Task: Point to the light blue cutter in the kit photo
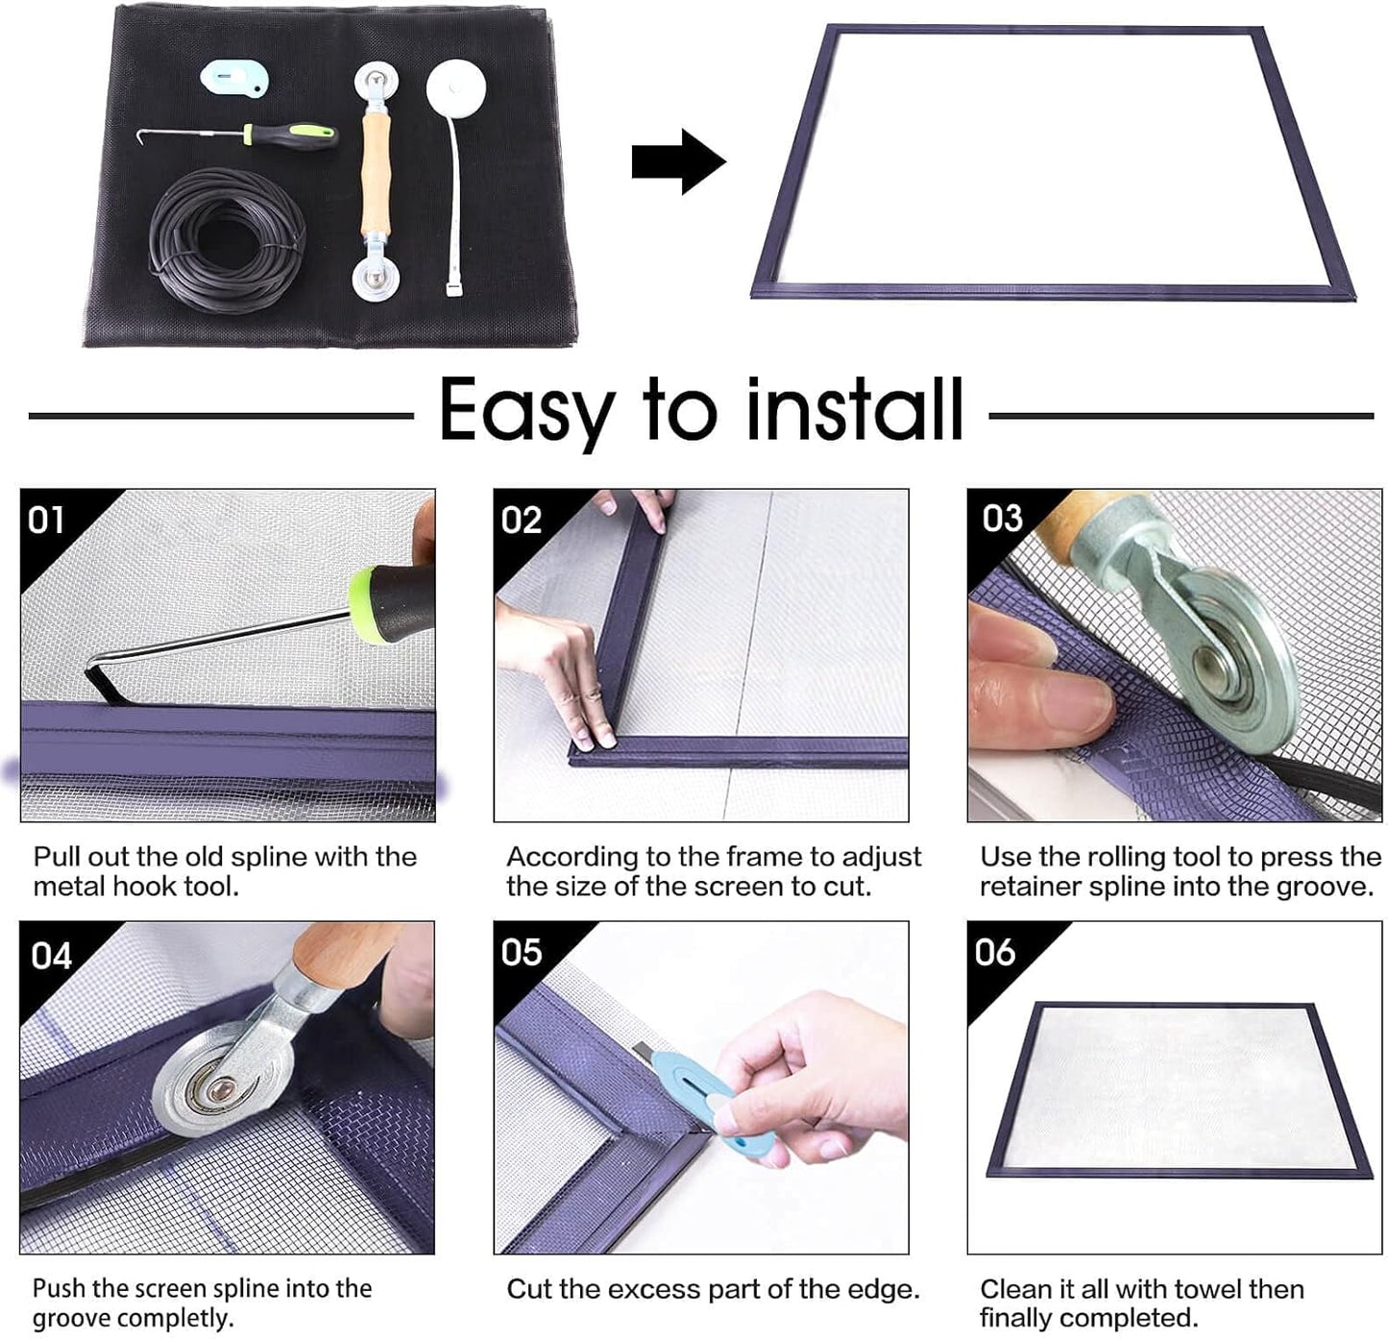(233, 78)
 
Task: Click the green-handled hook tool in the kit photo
(288, 136)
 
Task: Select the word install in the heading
(854, 409)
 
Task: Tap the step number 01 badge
(46, 521)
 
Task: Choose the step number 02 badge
(522, 521)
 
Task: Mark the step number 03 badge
(1002, 519)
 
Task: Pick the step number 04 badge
(52, 956)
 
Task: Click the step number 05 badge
(522, 952)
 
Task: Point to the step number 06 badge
(994, 952)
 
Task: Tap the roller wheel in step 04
(221, 1087)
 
